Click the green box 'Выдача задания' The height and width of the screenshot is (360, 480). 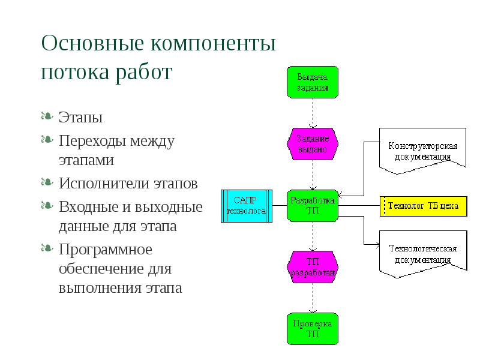312,83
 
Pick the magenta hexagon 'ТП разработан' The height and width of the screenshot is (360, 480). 312,266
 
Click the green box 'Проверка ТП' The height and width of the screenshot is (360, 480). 312,328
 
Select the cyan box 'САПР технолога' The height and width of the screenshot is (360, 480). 247,205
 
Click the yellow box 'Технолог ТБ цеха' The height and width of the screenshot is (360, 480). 422,206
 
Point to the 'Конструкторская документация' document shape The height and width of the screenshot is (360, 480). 422,150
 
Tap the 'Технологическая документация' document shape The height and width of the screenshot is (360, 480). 422,254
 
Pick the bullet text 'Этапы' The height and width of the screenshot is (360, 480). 76,116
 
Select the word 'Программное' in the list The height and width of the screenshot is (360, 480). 106,249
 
